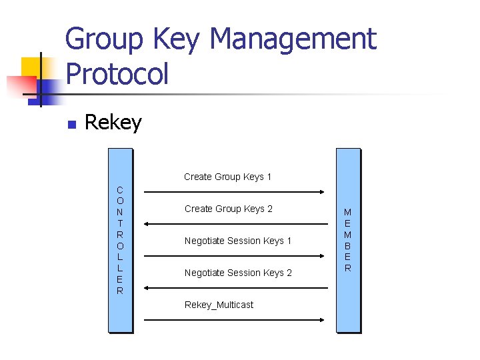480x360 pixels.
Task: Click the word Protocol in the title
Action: click(x=117, y=73)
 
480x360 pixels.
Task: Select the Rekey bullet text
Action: click(x=113, y=123)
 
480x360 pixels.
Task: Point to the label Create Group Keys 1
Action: click(x=227, y=177)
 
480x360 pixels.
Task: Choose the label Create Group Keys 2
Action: click(x=228, y=209)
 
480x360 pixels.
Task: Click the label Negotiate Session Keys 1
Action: click(x=238, y=241)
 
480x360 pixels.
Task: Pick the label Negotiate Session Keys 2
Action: click(x=238, y=273)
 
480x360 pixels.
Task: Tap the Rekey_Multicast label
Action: click(x=219, y=305)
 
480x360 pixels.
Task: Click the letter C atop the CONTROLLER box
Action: click(x=119, y=189)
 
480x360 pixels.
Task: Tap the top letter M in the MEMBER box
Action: click(x=347, y=213)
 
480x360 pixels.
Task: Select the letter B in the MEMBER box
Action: click(x=347, y=246)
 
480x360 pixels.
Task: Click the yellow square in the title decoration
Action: click(x=31, y=67)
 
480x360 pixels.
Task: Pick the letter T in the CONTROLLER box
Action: click(x=119, y=223)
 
